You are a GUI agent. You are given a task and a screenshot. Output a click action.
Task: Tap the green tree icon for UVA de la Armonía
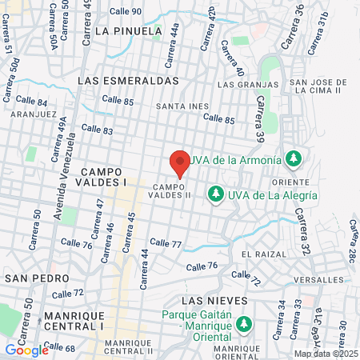coord(294,158)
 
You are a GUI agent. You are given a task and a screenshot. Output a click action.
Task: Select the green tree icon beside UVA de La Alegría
coord(215,194)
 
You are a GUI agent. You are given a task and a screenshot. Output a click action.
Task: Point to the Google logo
coord(26,350)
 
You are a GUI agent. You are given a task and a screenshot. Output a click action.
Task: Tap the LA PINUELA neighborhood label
coord(128,31)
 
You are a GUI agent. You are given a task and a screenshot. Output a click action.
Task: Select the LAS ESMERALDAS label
coord(128,81)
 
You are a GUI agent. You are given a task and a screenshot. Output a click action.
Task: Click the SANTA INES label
coord(182,106)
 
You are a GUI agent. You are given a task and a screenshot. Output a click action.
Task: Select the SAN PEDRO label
coord(30,277)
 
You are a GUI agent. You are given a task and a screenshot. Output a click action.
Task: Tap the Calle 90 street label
coord(126,11)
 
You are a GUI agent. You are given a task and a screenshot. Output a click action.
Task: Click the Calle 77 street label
coord(166,242)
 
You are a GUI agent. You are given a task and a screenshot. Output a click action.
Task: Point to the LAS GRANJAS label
coord(243,83)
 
